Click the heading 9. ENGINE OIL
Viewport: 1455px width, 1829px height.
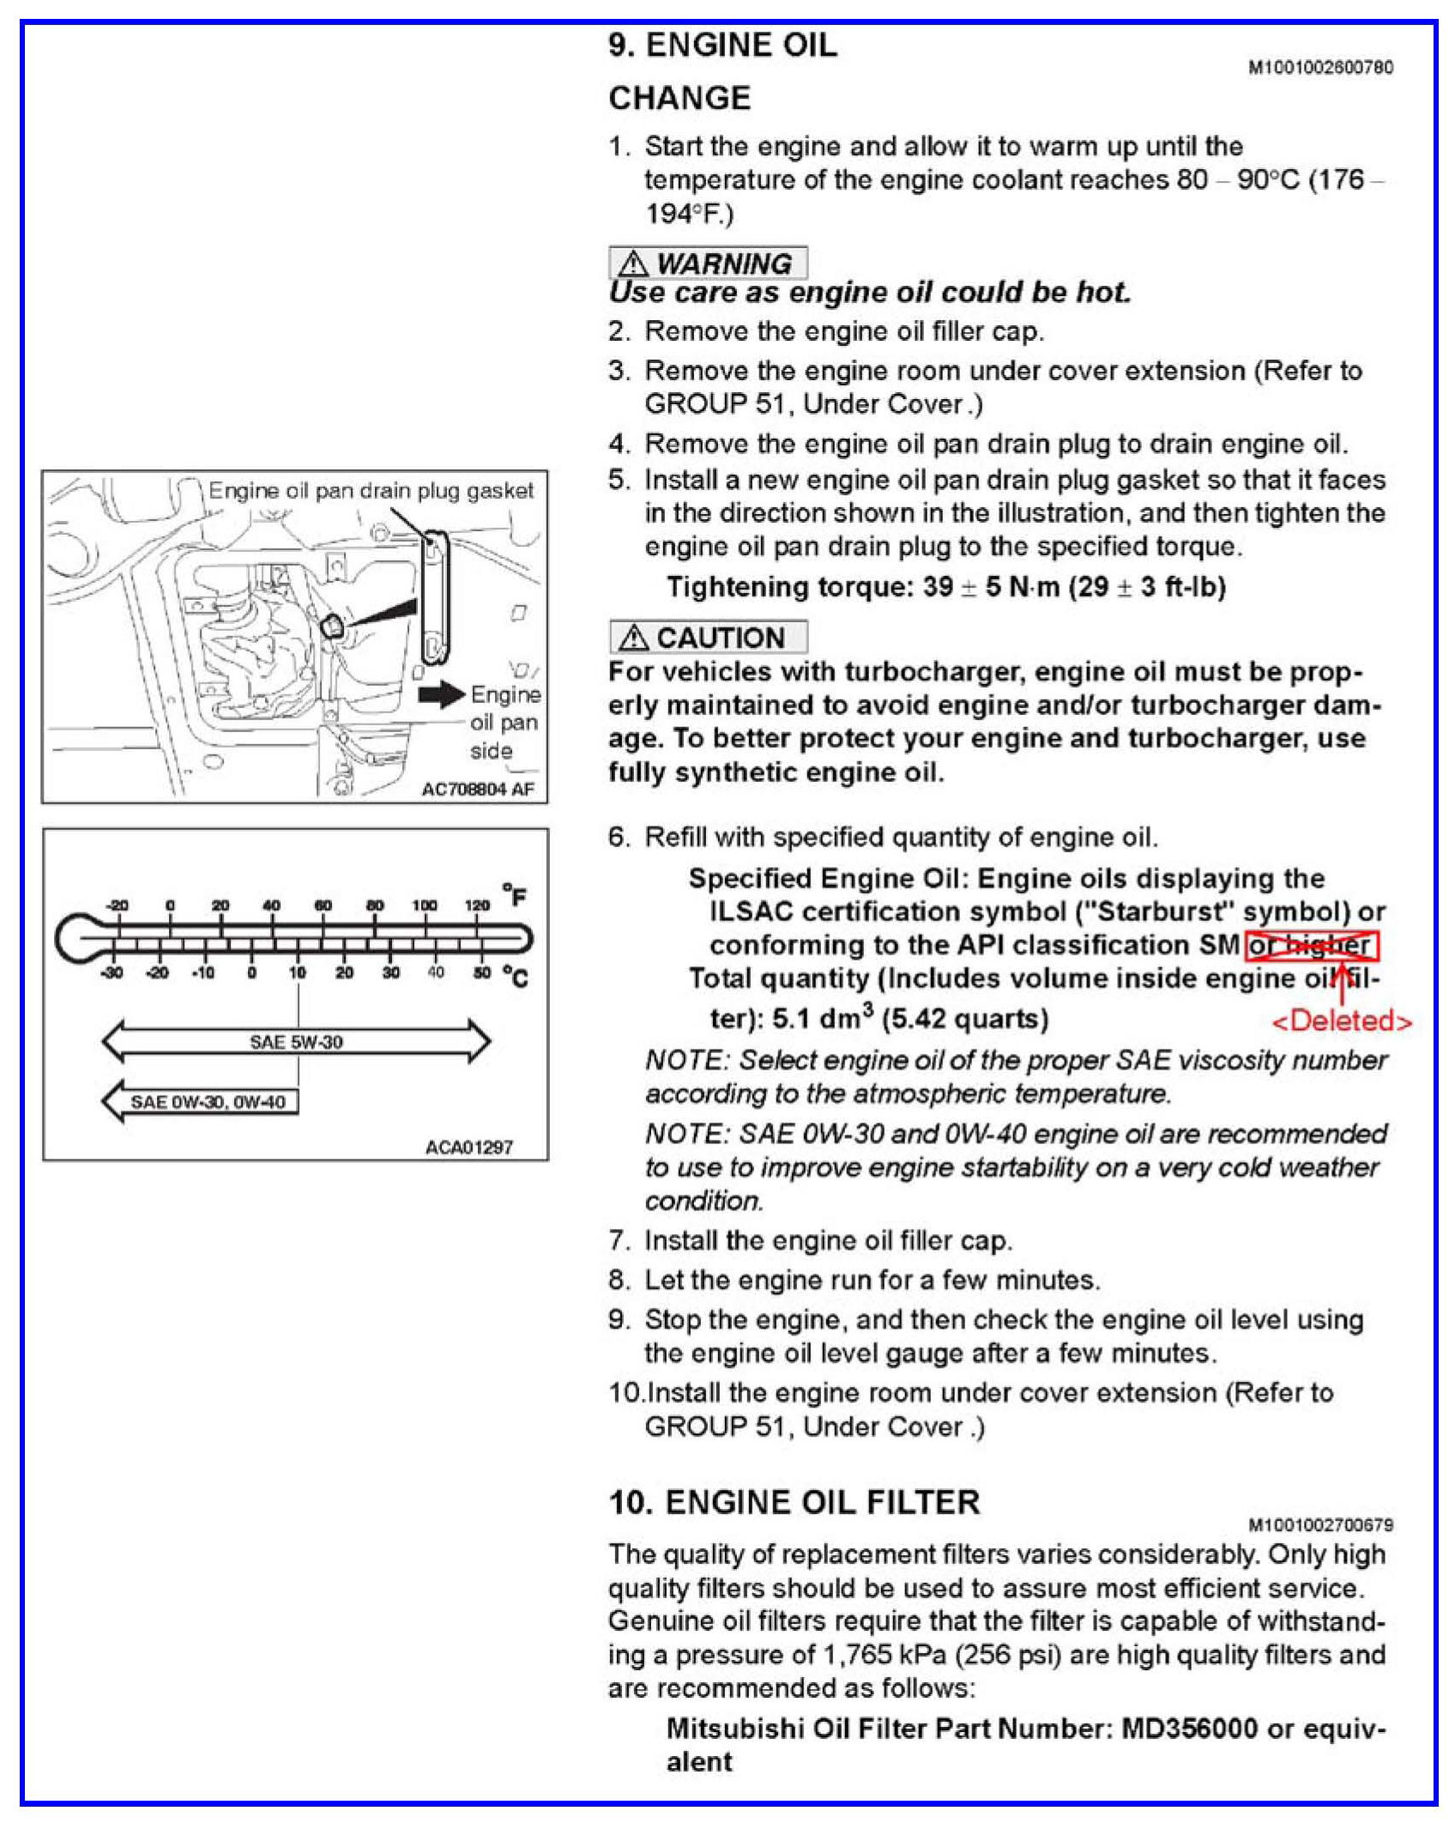(x=722, y=45)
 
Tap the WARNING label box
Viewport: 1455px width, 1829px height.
(x=708, y=263)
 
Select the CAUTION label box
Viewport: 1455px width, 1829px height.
(x=708, y=638)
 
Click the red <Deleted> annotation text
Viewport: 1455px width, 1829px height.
(x=1341, y=1021)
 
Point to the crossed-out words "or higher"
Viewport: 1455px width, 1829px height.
(x=1311, y=946)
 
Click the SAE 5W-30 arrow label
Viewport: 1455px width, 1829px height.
(x=296, y=1042)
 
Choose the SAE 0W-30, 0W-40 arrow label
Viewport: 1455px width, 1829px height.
(x=207, y=1101)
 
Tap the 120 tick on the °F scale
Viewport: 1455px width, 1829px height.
(x=476, y=906)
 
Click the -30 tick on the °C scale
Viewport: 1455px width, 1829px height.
(x=113, y=972)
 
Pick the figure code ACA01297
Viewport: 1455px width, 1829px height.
(x=468, y=1147)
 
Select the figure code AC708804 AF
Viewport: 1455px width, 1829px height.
(x=477, y=789)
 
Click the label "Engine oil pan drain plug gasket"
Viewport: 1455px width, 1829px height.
(x=371, y=491)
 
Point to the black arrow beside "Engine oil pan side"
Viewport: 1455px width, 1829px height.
(x=441, y=694)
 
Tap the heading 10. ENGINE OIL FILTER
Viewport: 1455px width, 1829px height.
(x=794, y=1502)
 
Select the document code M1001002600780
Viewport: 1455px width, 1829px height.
(x=1320, y=67)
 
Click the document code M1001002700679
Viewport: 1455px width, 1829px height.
(x=1320, y=1524)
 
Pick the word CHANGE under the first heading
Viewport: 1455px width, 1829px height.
(x=679, y=99)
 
